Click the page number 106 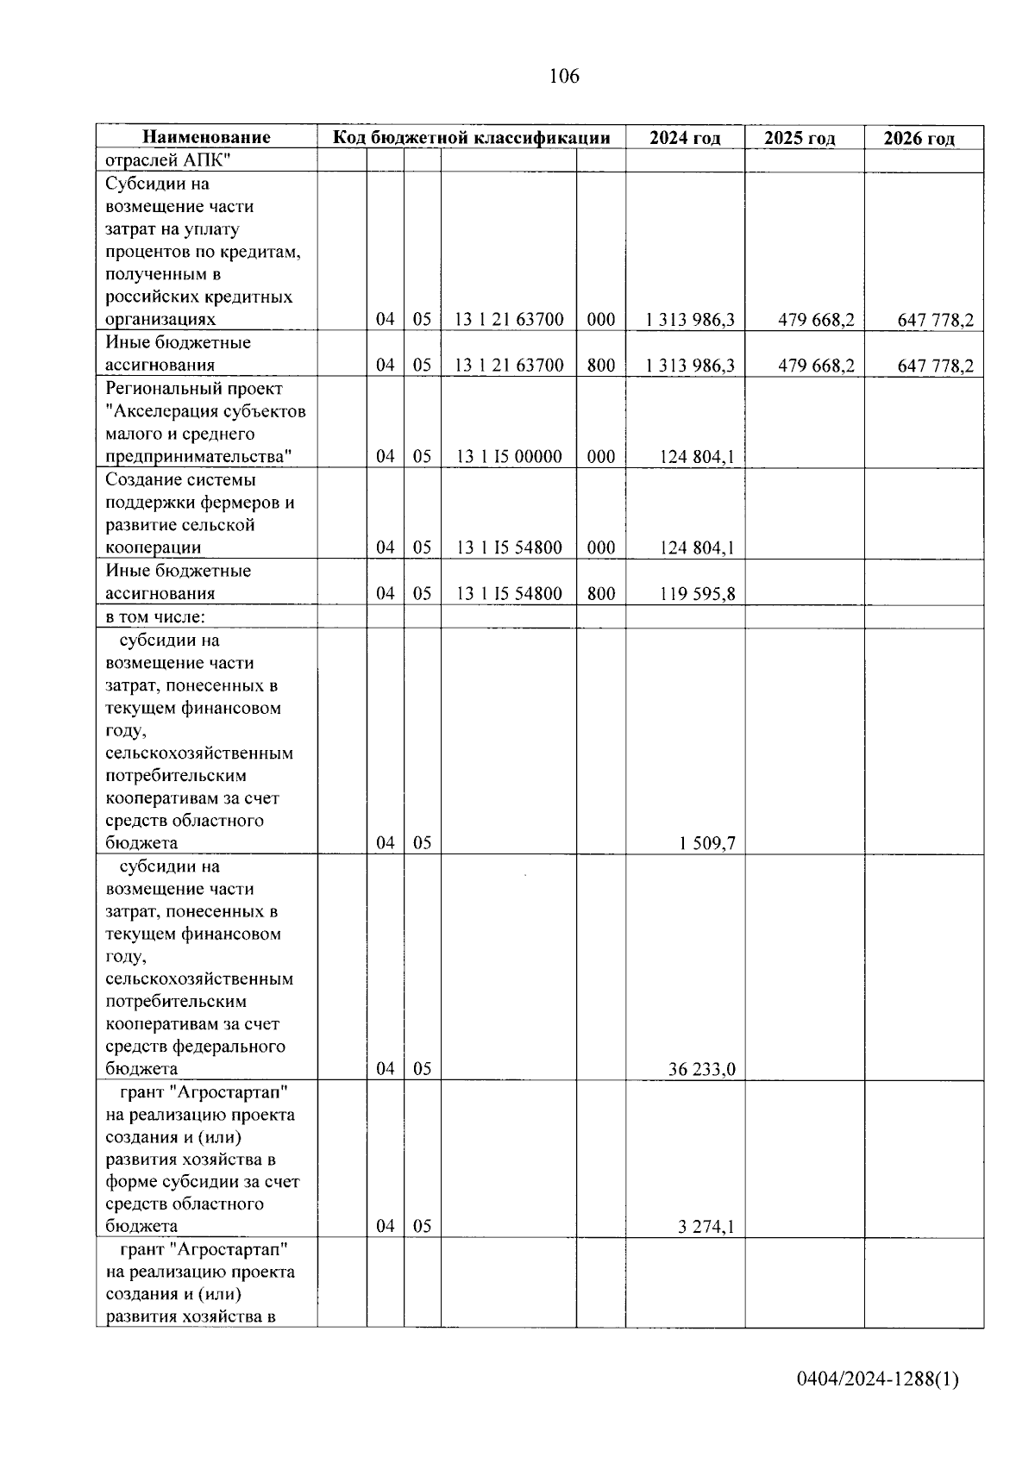tap(564, 77)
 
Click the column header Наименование tap(206, 137)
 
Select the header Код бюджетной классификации tap(471, 137)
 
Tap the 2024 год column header tap(685, 138)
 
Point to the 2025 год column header tap(800, 138)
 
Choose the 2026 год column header tap(919, 138)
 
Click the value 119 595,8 tap(698, 593)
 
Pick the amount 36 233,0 tap(701, 1069)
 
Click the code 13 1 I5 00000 tap(509, 457)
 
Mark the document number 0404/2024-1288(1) tap(877, 1379)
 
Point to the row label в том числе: tap(155, 617)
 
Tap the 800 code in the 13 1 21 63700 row tap(601, 366)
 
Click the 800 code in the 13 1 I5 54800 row tap(601, 593)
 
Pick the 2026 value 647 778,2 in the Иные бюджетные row tap(935, 366)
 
